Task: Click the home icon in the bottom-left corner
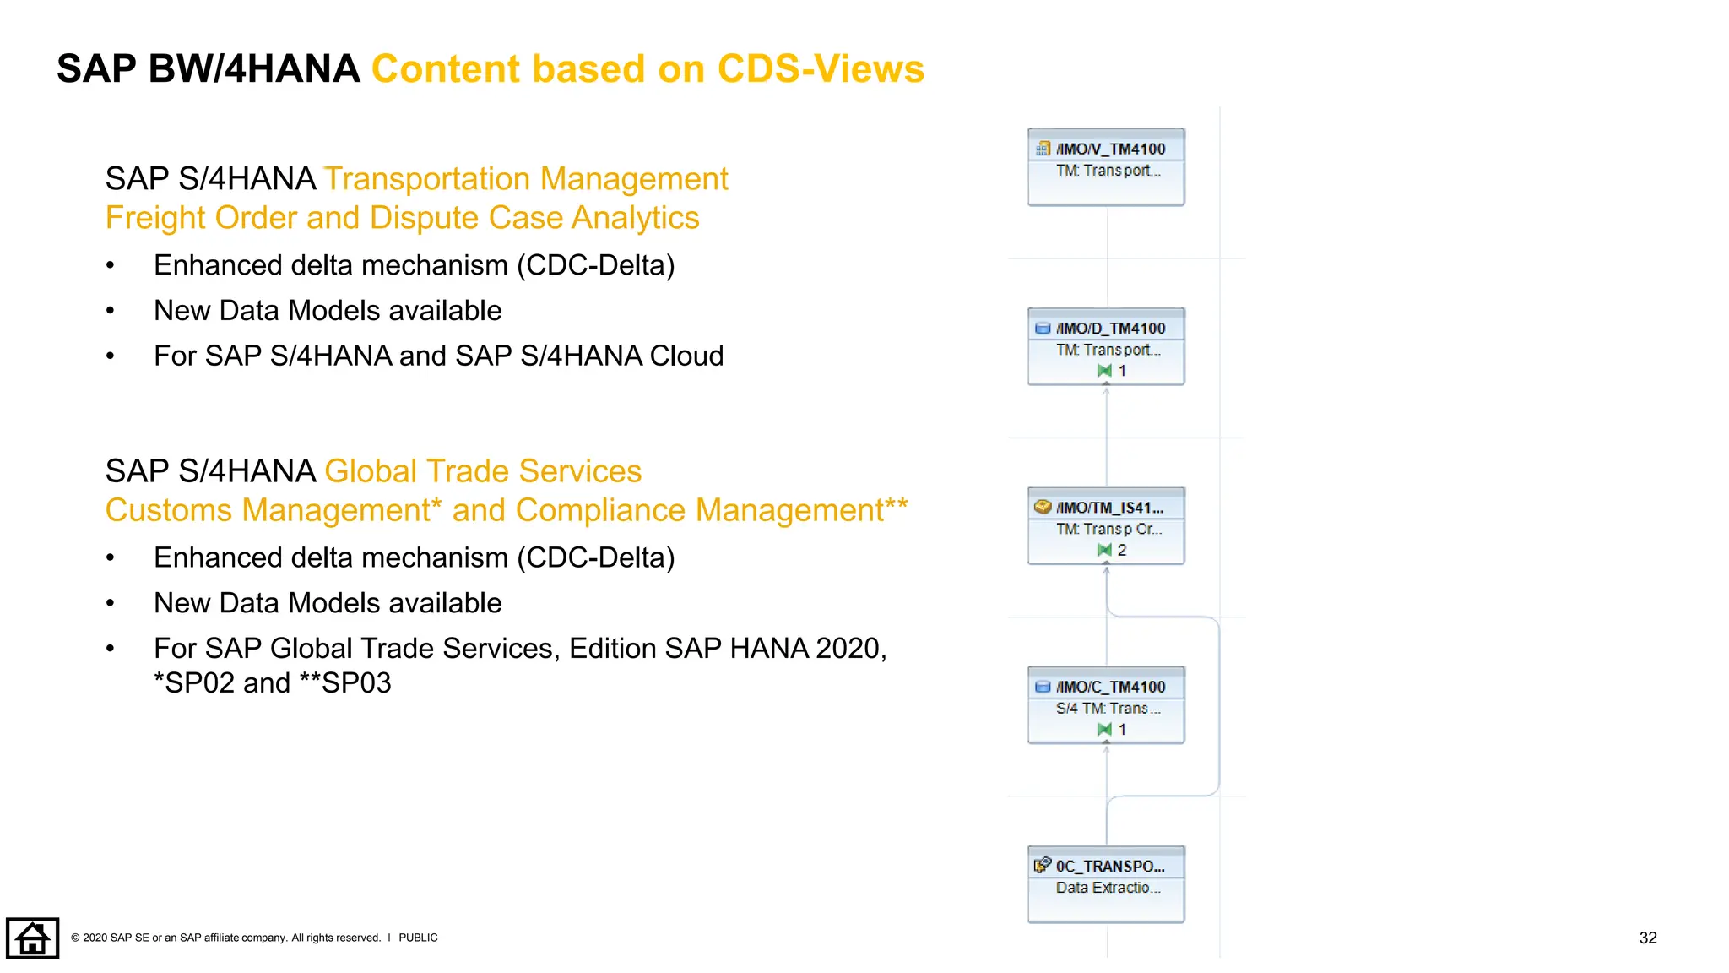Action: [32, 938]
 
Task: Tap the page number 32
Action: [1647, 938]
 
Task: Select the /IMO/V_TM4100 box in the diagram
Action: [1106, 167]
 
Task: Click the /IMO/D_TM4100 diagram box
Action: [1106, 346]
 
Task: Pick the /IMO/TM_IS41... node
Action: [1106, 525]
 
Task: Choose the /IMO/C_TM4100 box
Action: [1106, 705]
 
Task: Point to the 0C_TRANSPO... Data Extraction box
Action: [1106, 884]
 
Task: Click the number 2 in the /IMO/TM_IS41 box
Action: [1122, 550]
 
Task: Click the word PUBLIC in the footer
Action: [418, 938]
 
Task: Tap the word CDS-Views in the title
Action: [821, 69]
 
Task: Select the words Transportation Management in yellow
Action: [526, 179]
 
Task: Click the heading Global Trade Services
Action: [483, 471]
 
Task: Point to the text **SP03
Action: [345, 683]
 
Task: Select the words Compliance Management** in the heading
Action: [711, 510]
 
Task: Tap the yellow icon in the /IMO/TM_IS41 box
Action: [1043, 507]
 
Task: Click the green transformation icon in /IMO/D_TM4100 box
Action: [1104, 371]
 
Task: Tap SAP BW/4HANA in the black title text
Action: [208, 69]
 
